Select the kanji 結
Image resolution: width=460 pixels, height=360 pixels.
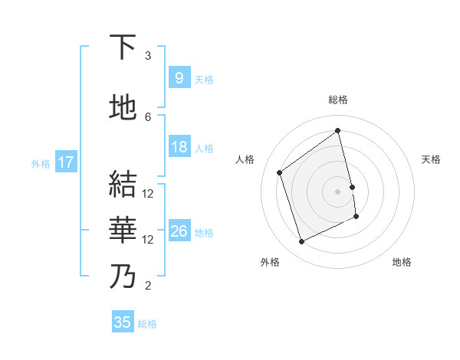(x=123, y=185)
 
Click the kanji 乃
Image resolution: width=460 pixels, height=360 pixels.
(x=123, y=276)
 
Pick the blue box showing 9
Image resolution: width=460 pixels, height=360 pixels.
(x=179, y=78)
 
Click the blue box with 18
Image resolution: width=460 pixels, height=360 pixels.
(x=179, y=147)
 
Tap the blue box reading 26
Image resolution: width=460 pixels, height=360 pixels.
(x=179, y=231)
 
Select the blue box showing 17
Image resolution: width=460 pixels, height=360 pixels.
(x=65, y=162)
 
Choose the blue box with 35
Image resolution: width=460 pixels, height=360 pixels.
(x=123, y=322)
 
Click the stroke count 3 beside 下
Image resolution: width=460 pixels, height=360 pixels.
(x=148, y=56)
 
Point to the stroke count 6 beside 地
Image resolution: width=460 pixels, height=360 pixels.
(x=148, y=116)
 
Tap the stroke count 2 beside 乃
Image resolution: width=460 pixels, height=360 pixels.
(x=148, y=286)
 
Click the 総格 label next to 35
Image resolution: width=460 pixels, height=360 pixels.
(x=147, y=324)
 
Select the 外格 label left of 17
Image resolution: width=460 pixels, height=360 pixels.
(x=41, y=163)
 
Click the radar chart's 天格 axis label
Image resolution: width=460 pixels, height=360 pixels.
(x=431, y=159)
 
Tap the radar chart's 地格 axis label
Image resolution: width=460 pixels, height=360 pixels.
(x=402, y=262)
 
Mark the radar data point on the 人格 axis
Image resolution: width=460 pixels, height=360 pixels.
(x=279, y=172)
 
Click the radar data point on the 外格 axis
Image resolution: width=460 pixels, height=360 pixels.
(x=301, y=242)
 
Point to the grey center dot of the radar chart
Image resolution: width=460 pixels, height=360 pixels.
(x=338, y=191)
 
